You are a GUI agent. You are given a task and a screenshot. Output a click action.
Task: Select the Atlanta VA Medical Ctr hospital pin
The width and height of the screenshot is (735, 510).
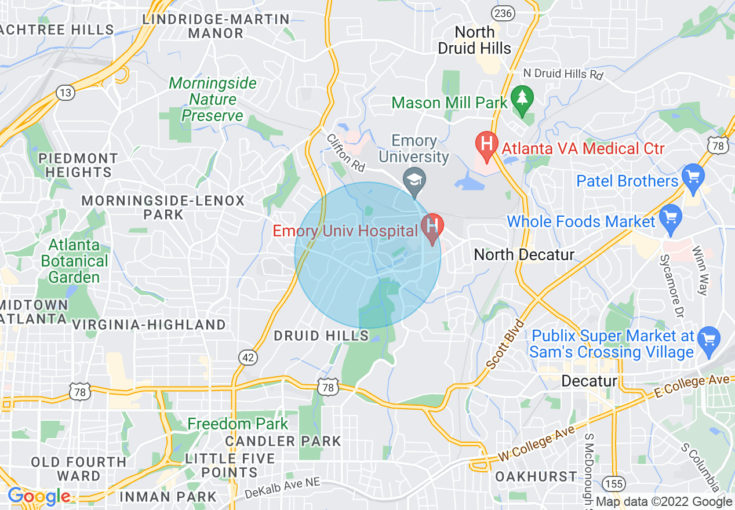point(487,144)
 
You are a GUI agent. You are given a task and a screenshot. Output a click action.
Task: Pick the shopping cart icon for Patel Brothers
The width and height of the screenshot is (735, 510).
point(693,176)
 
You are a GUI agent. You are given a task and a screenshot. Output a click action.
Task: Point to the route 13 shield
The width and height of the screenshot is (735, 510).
point(65,92)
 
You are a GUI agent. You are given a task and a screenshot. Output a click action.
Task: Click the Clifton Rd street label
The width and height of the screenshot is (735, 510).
point(345,152)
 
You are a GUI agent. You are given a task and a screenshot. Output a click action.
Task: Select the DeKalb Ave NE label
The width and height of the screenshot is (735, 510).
point(282,489)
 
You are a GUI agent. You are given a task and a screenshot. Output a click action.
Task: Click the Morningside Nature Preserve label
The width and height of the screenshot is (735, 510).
point(213,100)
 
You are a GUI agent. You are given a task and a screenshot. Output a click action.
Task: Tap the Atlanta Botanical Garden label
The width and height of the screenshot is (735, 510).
point(75,261)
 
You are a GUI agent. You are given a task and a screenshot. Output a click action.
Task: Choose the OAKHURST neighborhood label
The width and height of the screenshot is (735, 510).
point(536,476)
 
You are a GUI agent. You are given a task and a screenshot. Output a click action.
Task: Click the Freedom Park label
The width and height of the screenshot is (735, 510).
point(238,424)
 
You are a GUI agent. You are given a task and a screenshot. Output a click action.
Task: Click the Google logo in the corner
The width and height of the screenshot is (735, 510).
point(38,496)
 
